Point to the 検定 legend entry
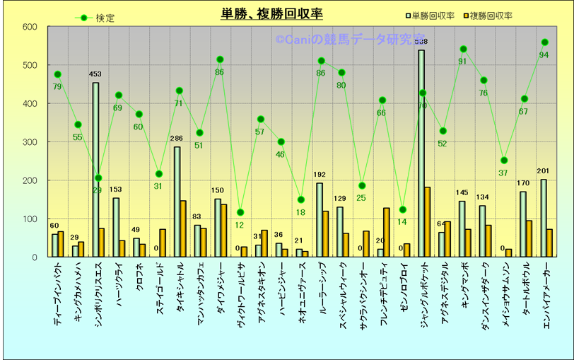click(x=99, y=18)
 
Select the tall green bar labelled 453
click(x=95, y=170)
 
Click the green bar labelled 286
click(x=177, y=202)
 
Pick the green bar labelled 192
click(x=320, y=219)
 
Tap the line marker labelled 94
click(x=544, y=42)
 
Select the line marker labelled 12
click(x=240, y=212)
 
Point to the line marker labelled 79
click(x=58, y=74)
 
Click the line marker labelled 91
click(x=463, y=49)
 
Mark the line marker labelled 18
click(x=301, y=199)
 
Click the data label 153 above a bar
click(x=116, y=190)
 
